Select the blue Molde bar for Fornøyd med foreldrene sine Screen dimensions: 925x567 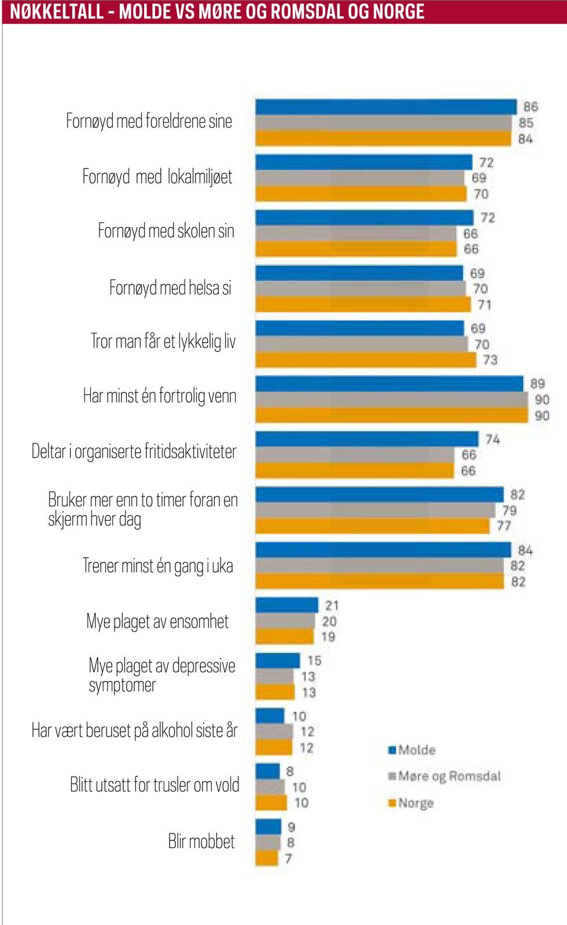coord(385,107)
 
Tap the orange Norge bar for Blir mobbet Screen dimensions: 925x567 coord(267,858)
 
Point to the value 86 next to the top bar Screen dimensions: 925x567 coord(531,107)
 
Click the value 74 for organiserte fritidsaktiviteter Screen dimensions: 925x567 coord(492,440)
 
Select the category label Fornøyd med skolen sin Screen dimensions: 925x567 coord(166,231)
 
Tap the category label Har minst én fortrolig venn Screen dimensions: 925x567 coord(160,396)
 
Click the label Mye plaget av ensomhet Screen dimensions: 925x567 coord(157,621)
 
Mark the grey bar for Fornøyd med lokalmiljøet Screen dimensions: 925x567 coord(360,178)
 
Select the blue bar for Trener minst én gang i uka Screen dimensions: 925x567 coord(383,550)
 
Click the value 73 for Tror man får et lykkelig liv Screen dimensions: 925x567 coord(490,360)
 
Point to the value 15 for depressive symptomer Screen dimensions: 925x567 coord(314,660)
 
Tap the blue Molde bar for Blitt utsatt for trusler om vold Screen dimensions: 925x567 coord(267,772)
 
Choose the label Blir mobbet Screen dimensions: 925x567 coord(201,842)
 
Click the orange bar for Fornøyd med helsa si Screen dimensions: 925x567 coord(363,304)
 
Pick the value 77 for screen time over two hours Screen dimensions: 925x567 coord(504,526)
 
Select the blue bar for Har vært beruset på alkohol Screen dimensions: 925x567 coord(270,716)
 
